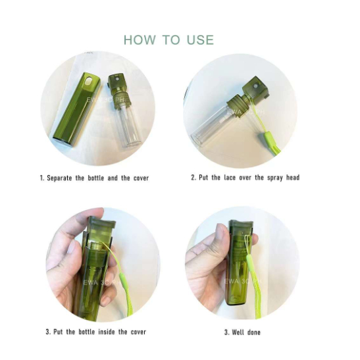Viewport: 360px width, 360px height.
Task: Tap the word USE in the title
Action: pos(200,40)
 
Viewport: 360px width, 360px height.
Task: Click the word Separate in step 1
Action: pos(59,178)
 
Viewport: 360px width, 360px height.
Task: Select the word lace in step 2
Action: pos(230,178)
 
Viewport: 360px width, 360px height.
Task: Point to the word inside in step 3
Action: pos(107,332)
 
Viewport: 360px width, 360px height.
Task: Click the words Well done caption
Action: pos(246,332)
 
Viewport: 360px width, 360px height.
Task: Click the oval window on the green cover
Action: pos(88,80)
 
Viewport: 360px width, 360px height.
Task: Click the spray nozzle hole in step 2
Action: pos(255,87)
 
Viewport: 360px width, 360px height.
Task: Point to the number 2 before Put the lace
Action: pos(193,178)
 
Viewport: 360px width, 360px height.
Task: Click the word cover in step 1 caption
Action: pos(141,178)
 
